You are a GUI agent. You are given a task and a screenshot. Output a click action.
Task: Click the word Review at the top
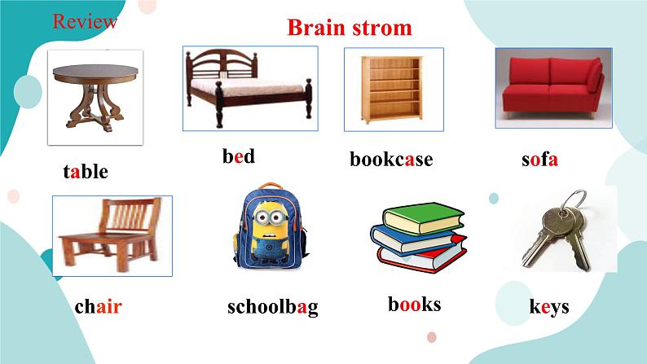click(85, 22)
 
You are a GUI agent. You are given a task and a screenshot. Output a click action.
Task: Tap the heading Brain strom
click(349, 28)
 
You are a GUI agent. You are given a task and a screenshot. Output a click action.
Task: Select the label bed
click(239, 156)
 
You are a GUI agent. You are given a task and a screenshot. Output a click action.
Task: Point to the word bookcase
click(391, 159)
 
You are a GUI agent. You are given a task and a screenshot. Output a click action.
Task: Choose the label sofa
click(539, 159)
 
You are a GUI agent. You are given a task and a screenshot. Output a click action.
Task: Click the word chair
click(98, 307)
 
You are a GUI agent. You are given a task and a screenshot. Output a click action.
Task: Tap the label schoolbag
click(272, 307)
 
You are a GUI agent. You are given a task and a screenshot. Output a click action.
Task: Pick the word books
click(414, 305)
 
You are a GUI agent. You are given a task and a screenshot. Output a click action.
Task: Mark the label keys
click(548, 307)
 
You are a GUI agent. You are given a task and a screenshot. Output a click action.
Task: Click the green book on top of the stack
click(422, 217)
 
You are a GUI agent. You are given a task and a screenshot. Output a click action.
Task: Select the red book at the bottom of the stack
click(424, 256)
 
